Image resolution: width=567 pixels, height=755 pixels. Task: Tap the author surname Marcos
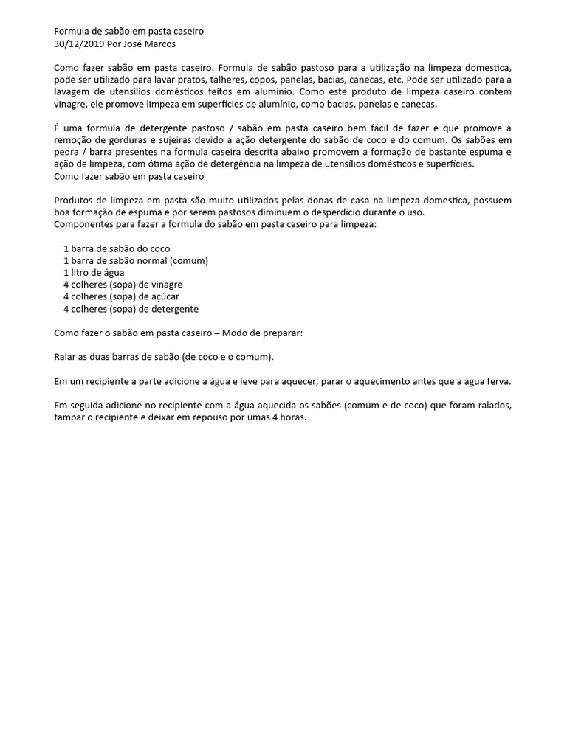160,44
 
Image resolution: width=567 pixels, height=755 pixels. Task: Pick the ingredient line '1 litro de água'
94,272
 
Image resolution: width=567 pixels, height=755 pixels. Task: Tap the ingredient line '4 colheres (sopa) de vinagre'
123,285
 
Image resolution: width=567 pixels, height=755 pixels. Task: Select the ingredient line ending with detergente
131,309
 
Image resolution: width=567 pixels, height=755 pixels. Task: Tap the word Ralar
66,357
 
